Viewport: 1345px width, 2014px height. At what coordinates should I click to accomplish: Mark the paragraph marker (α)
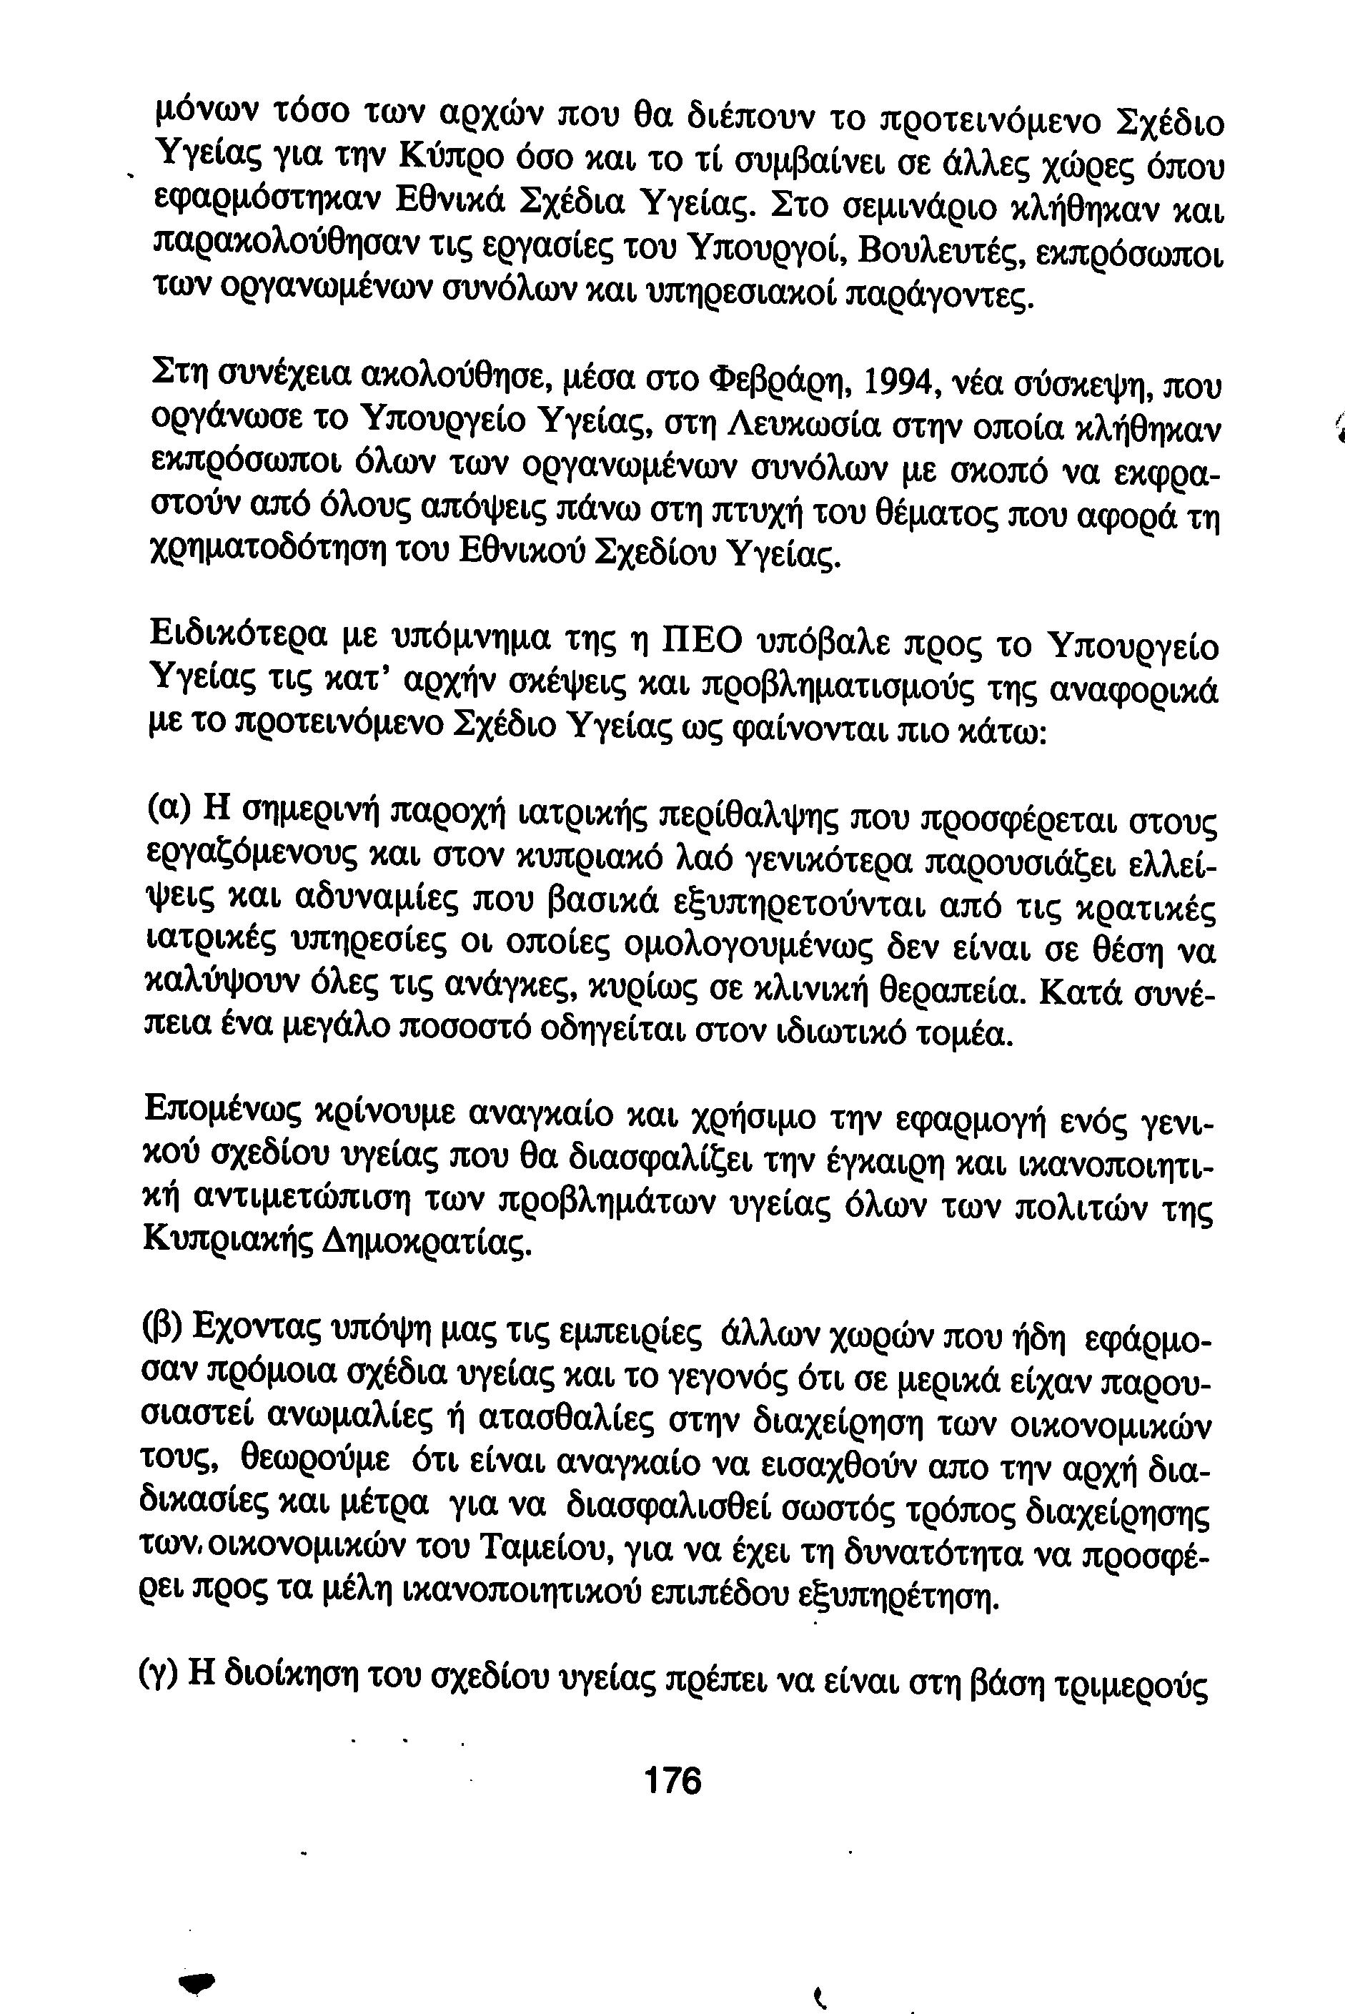click(x=163, y=810)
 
